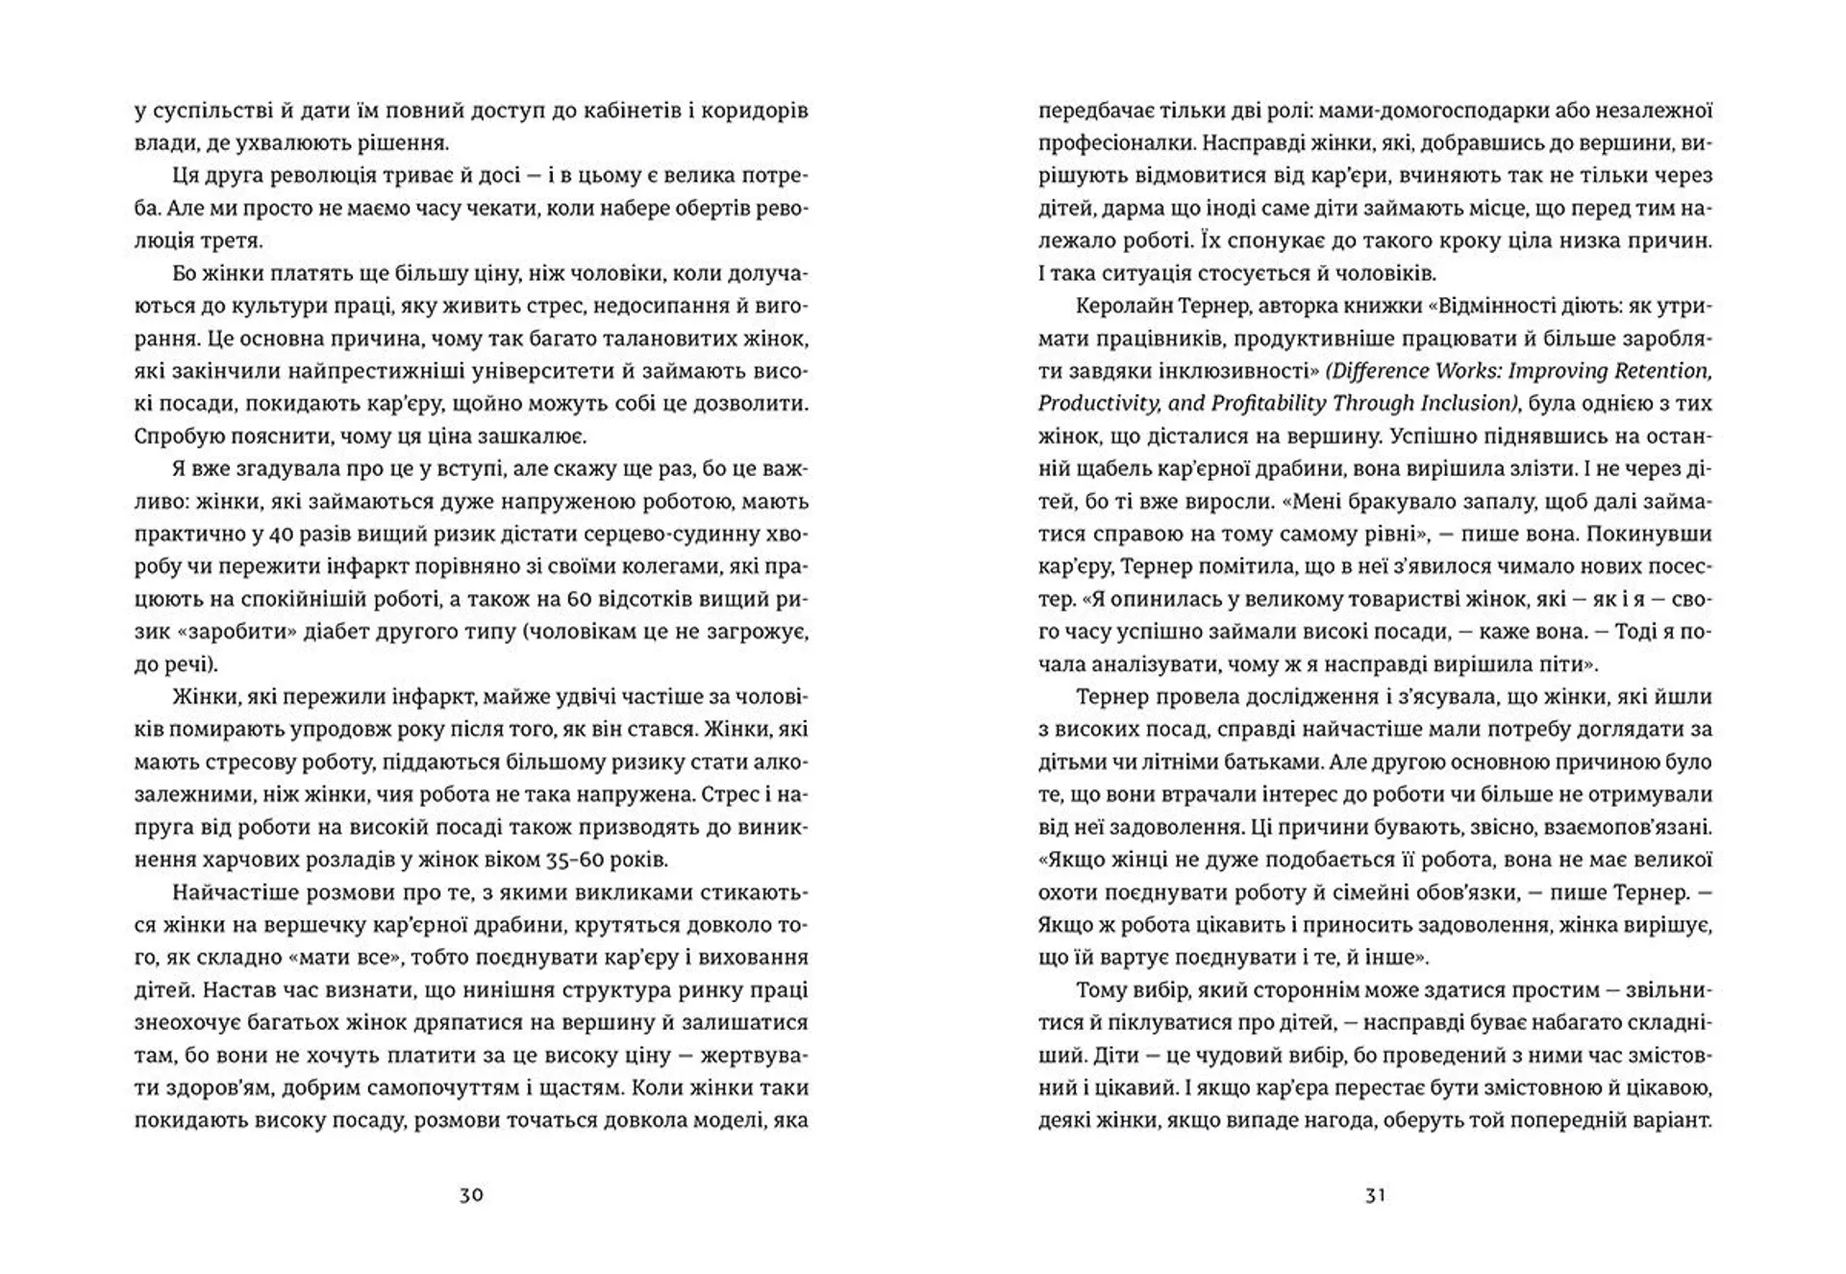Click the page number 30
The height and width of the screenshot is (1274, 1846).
471,1195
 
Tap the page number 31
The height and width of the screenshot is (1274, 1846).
1375,1195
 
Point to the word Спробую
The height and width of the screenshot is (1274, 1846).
180,437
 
